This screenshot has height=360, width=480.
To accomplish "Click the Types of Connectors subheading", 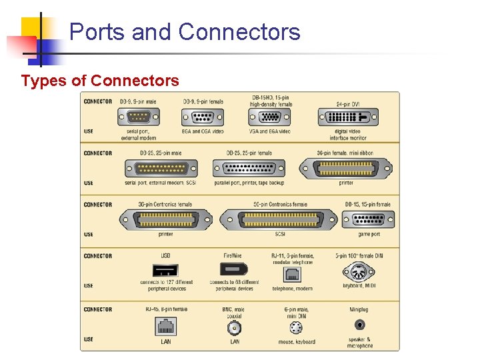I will [x=100, y=81].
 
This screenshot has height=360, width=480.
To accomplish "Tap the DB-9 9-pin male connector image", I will [x=139, y=117].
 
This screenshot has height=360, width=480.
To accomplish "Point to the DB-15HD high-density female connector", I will [x=269, y=117].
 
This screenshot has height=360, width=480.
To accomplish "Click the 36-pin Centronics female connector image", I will [x=165, y=220].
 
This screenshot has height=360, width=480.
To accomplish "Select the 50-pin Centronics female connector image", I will [x=279, y=220].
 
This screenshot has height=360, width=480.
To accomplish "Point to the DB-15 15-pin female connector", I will [x=367, y=220].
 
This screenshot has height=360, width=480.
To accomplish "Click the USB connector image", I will [x=165, y=271].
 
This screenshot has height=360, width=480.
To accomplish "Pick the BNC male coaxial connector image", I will [x=235, y=328].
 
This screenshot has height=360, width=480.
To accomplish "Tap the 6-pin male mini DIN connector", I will [x=297, y=328].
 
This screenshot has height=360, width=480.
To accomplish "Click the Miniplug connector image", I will [x=360, y=325].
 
